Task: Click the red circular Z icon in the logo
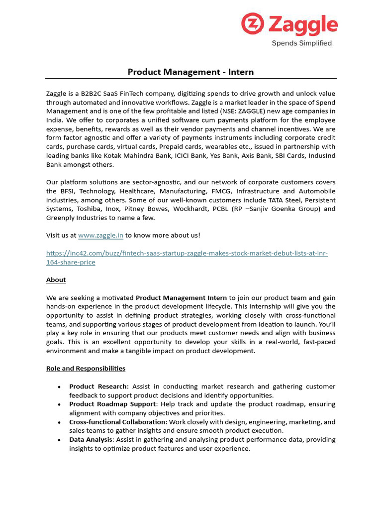pyautogui.click(x=253, y=24)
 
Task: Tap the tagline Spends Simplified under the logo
pyautogui.click(x=302, y=43)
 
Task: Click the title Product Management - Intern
pyautogui.click(x=191, y=72)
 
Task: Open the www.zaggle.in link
pyautogui.click(x=100, y=235)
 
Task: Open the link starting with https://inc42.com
pyautogui.click(x=187, y=254)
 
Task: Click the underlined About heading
pyautogui.click(x=56, y=280)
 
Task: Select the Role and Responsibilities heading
pyautogui.click(x=86, y=369)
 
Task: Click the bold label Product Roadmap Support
pyautogui.click(x=112, y=404)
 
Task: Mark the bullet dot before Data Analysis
pyautogui.click(x=59, y=440)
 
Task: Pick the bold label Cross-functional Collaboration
pyautogui.click(x=117, y=422)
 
